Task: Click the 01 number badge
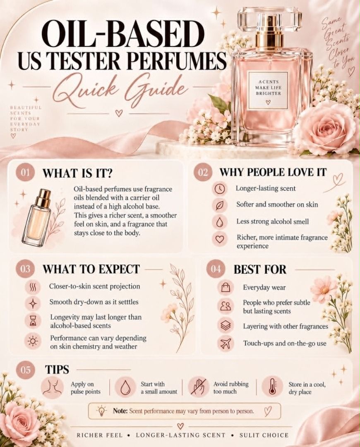25,173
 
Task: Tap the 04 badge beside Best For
216,269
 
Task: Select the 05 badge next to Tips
25,370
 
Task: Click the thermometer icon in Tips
272,386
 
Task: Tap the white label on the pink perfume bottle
268,91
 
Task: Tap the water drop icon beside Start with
125,387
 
